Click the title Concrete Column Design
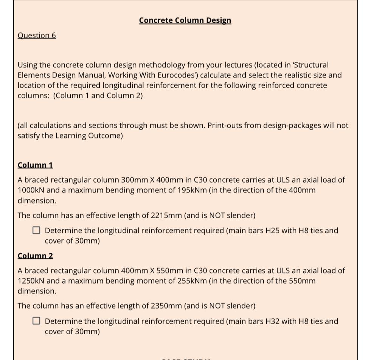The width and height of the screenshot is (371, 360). (x=185, y=20)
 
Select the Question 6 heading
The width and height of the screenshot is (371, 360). (x=37, y=36)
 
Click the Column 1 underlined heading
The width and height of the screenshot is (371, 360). (x=35, y=165)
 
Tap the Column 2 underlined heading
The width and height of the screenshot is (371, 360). (x=35, y=256)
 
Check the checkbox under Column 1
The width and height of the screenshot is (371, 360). (x=36, y=230)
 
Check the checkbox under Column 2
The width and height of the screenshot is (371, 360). (x=36, y=321)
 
